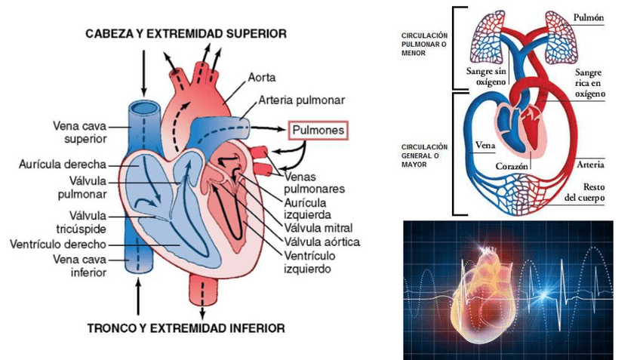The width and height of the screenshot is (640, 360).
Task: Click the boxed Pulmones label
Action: [318, 130]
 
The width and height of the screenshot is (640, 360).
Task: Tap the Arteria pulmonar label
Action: [301, 99]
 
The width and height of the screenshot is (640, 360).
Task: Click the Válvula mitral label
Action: [318, 228]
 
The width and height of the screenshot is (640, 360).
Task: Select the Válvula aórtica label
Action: [322, 242]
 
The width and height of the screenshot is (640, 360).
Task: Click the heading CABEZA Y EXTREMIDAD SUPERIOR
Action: [185, 33]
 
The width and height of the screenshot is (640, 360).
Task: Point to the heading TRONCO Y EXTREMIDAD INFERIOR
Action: [186, 328]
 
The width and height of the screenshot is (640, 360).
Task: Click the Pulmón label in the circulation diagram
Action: [589, 17]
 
